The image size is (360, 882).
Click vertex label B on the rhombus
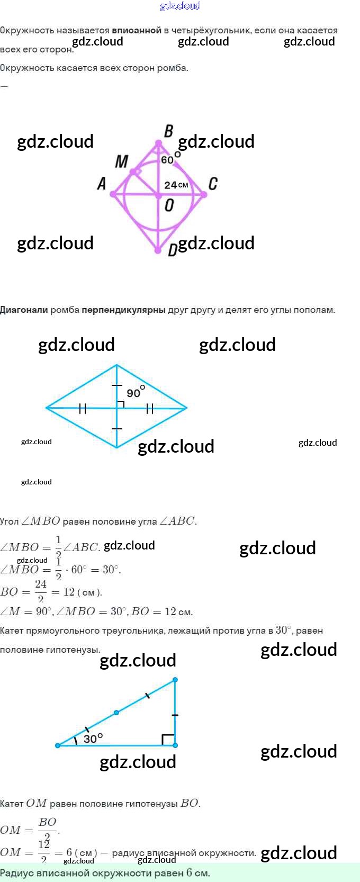tap(169, 131)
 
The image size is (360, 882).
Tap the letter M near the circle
tap(122, 161)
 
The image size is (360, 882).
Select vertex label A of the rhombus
tap(102, 183)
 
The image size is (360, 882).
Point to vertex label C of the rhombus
tap(213, 184)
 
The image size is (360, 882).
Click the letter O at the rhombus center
tap(169, 205)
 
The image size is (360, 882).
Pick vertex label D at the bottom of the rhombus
tap(172, 250)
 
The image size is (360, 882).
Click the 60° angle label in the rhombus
tap(170, 159)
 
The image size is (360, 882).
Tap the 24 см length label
tap(176, 185)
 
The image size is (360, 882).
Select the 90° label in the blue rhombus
tap(135, 392)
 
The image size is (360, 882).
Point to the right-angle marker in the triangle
tap(168, 739)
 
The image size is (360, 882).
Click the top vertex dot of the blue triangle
tap(175, 679)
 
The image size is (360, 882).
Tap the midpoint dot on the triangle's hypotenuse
tap(116, 713)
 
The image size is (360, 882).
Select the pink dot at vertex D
tap(158, 250)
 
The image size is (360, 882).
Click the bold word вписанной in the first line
tap(137, 30)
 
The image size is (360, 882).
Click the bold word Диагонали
tap(24, 310)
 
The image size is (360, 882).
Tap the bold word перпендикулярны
tap(123, 310)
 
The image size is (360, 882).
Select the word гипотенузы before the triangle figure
tap(50, 650)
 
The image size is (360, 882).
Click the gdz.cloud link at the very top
tap(180, 6)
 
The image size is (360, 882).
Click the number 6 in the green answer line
tap(189, 872)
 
